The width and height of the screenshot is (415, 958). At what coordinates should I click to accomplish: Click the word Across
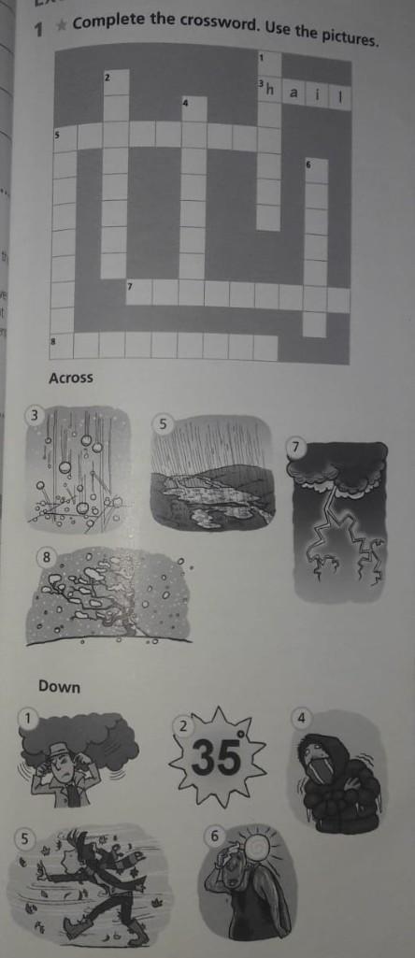tap(71, 379)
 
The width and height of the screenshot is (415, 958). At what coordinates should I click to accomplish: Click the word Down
tap(59, 687)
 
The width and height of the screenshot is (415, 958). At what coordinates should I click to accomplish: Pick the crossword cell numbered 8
tap(61, 345)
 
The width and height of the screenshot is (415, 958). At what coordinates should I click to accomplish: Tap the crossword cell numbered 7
tap(138, 291)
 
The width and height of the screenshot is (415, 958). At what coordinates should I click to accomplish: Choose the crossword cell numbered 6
tap(316, 170)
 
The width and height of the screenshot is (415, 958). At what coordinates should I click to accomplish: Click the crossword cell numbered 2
tap(116, 82)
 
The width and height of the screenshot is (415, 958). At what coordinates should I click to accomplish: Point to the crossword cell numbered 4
tap(193, 108)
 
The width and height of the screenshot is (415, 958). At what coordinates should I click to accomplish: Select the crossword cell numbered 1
tap(269, 64)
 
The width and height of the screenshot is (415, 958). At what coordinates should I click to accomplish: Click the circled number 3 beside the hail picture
tap(35, 417)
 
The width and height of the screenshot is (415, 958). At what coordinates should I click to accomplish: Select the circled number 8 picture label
tap(46, 557)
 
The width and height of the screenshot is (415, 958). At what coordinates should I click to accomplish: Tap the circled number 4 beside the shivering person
tap(300, 719)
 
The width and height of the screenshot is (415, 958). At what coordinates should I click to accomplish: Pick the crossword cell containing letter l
tap(340, 97)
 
